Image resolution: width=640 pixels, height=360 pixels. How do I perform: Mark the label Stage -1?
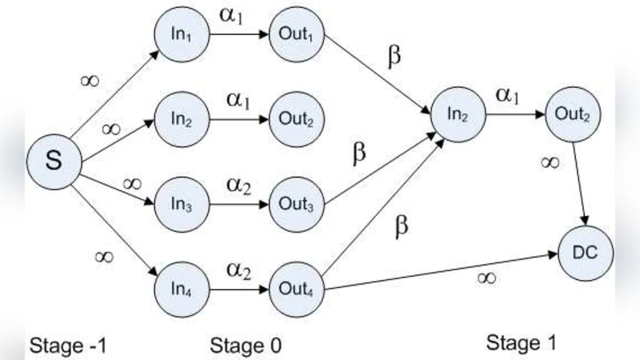pos(68,346)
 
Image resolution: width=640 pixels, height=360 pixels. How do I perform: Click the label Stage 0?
pos(246,346)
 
